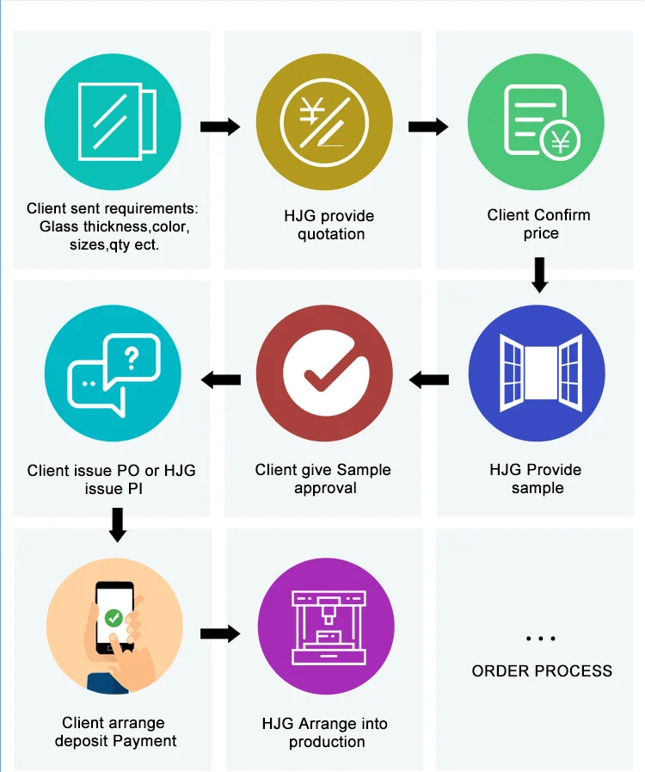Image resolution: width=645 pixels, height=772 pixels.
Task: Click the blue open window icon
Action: [x=537, y=379]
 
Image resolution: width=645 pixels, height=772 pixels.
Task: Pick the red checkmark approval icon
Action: [x=325, y=380]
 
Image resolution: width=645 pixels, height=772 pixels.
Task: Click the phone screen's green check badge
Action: [x=114, y=617]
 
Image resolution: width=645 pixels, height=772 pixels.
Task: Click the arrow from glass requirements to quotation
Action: [x=219, y=127]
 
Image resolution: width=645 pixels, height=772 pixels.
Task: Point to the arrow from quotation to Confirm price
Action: [x=428, y=127]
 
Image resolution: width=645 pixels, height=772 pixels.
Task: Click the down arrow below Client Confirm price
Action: [x=539, y=273]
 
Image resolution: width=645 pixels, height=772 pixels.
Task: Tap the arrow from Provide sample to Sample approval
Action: [x=429, y=379]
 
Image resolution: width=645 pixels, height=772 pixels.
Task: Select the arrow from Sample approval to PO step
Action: [x=220, y=379]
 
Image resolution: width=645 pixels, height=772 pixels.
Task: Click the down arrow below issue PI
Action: [x=118, y=524]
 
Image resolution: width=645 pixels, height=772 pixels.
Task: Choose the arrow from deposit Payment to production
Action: [x=220, y=634]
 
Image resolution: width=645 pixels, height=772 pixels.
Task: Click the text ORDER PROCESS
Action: [x=542, y=670]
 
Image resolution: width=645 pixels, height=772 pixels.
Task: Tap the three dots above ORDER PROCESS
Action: [x=540, y=639]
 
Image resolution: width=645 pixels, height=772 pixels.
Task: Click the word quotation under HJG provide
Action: [x=331, y=234]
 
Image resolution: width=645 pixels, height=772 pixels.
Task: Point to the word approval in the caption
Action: [x=325, y=488]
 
